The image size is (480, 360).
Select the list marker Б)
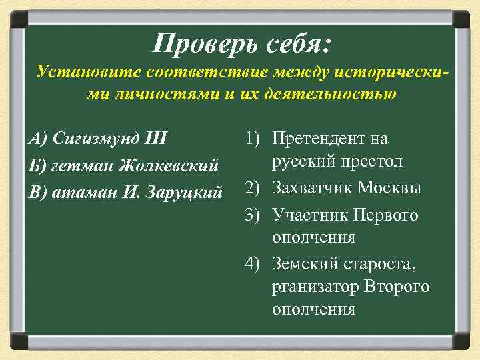click(37, 165)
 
